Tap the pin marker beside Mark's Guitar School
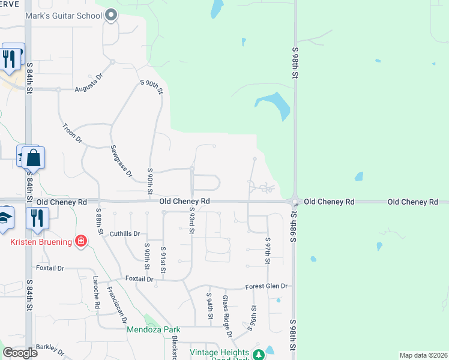coord(111,15)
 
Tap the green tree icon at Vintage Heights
coord(259,355)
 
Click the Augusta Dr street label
coord(89,83)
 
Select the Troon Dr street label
coord(72,134)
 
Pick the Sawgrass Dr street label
coord(121,161)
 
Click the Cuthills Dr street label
coord(124,233)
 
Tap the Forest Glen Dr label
coord(267,287)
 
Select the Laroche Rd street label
coord(96,292)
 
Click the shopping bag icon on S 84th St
coord(34,159)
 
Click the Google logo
coord(20,352)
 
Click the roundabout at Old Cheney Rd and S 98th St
coord(295,202)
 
